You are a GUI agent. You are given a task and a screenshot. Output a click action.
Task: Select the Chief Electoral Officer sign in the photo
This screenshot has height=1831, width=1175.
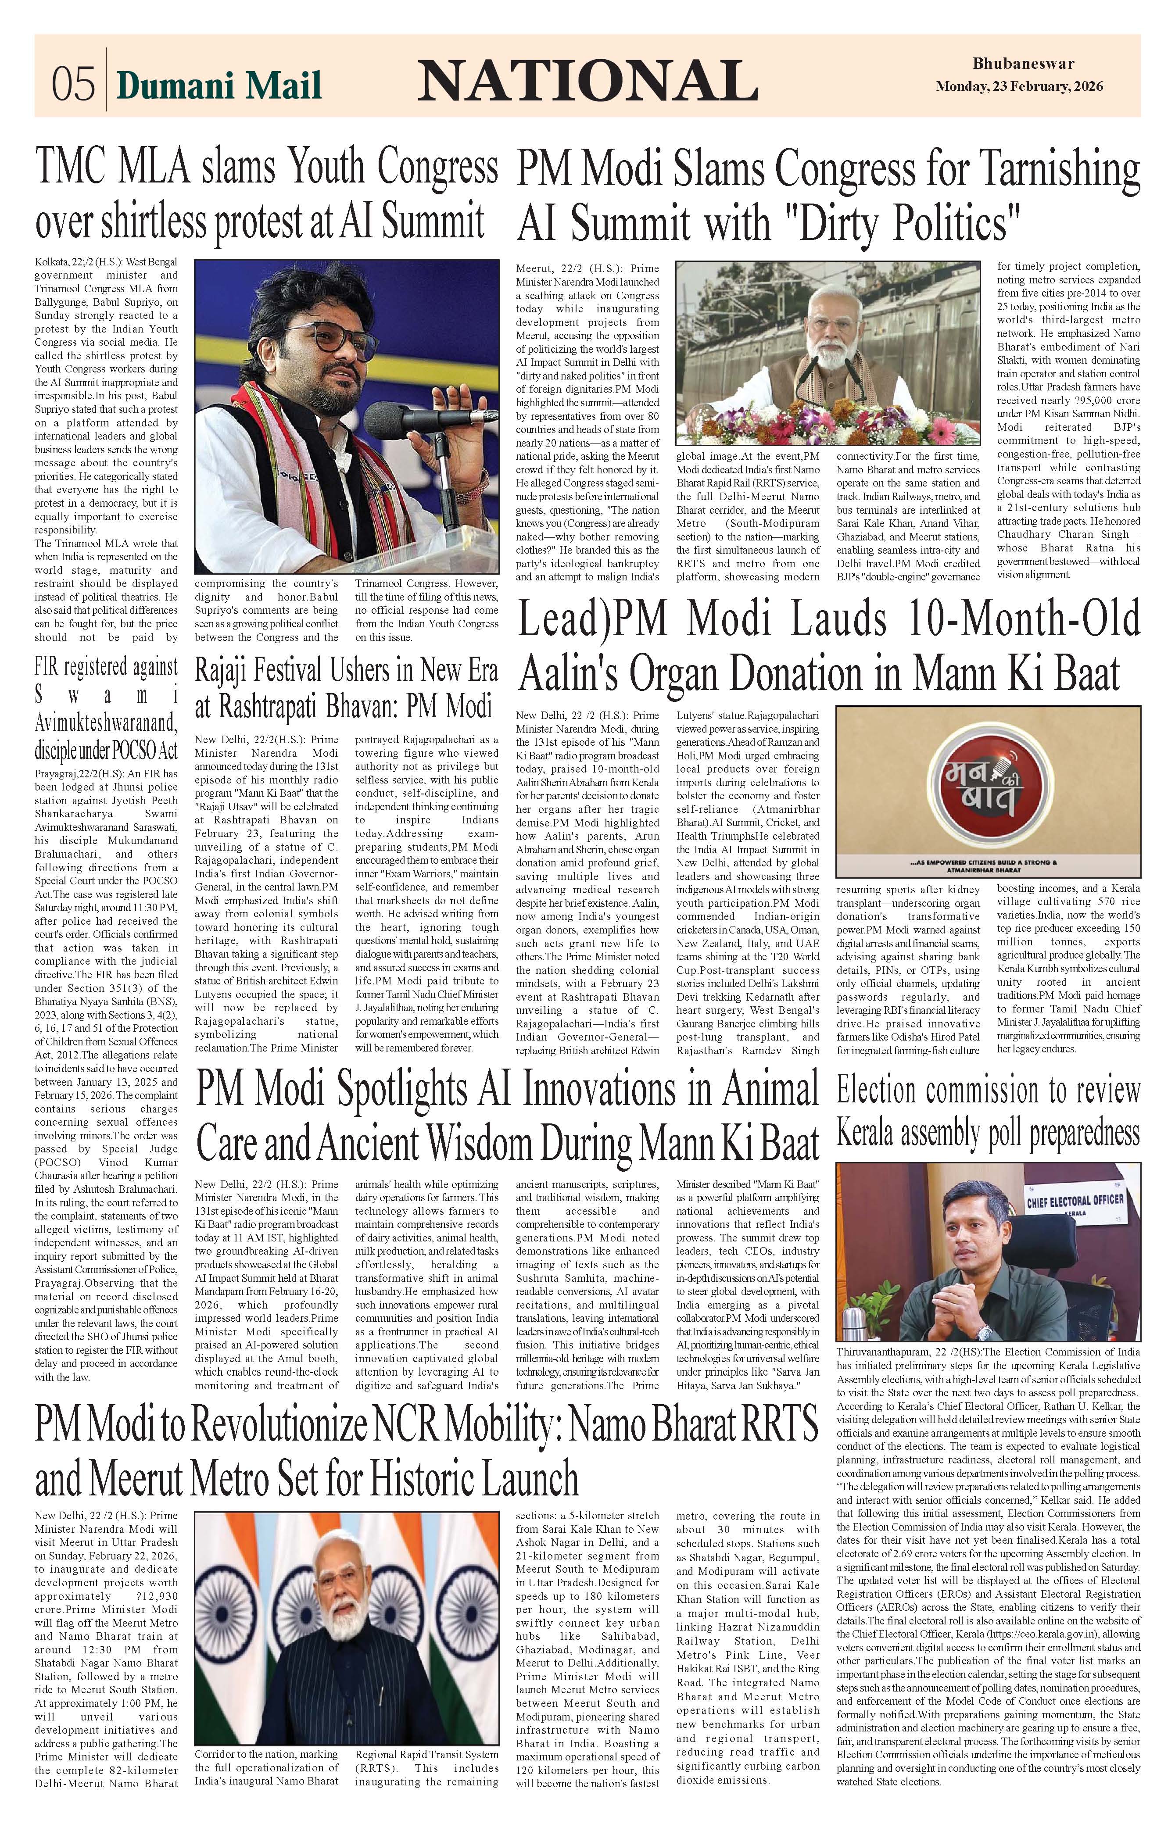click(1074, 1203)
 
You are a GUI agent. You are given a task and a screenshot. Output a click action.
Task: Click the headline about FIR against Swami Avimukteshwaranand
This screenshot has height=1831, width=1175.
click(106, 709)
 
